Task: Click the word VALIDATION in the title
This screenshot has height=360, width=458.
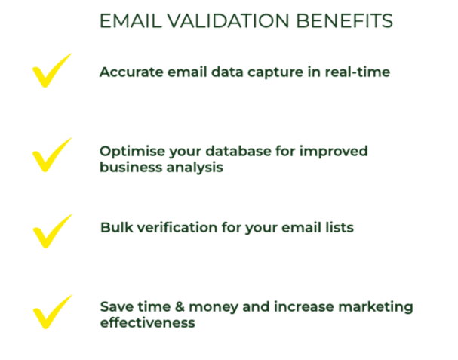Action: tap(228, 20)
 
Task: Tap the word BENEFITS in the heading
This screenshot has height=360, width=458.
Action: tap(345, 20)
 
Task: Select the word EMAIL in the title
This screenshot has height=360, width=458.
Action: tap(131, 20)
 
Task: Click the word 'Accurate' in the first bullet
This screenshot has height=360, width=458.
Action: tap(131, 72)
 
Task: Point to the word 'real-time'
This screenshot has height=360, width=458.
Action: tap(358, 72)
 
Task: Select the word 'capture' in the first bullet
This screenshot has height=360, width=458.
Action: tap(275, 73)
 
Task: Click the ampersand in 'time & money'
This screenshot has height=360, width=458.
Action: tap(180, 307)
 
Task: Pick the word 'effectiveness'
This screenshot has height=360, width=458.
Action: tap(147, 322)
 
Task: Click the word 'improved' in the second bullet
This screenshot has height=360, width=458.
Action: tap(334, 152)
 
